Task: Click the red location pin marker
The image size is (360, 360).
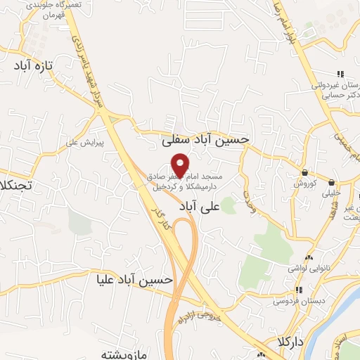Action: point(180,164)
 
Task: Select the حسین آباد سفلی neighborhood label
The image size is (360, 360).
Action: point(205,139)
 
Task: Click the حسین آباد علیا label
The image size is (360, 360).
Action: point(135,280)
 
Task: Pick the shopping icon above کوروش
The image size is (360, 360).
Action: point(304,172)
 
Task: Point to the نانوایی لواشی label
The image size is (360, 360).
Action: point(308,268)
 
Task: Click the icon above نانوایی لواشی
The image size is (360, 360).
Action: point(309,257)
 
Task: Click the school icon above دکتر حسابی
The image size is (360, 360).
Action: point(340,74)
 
